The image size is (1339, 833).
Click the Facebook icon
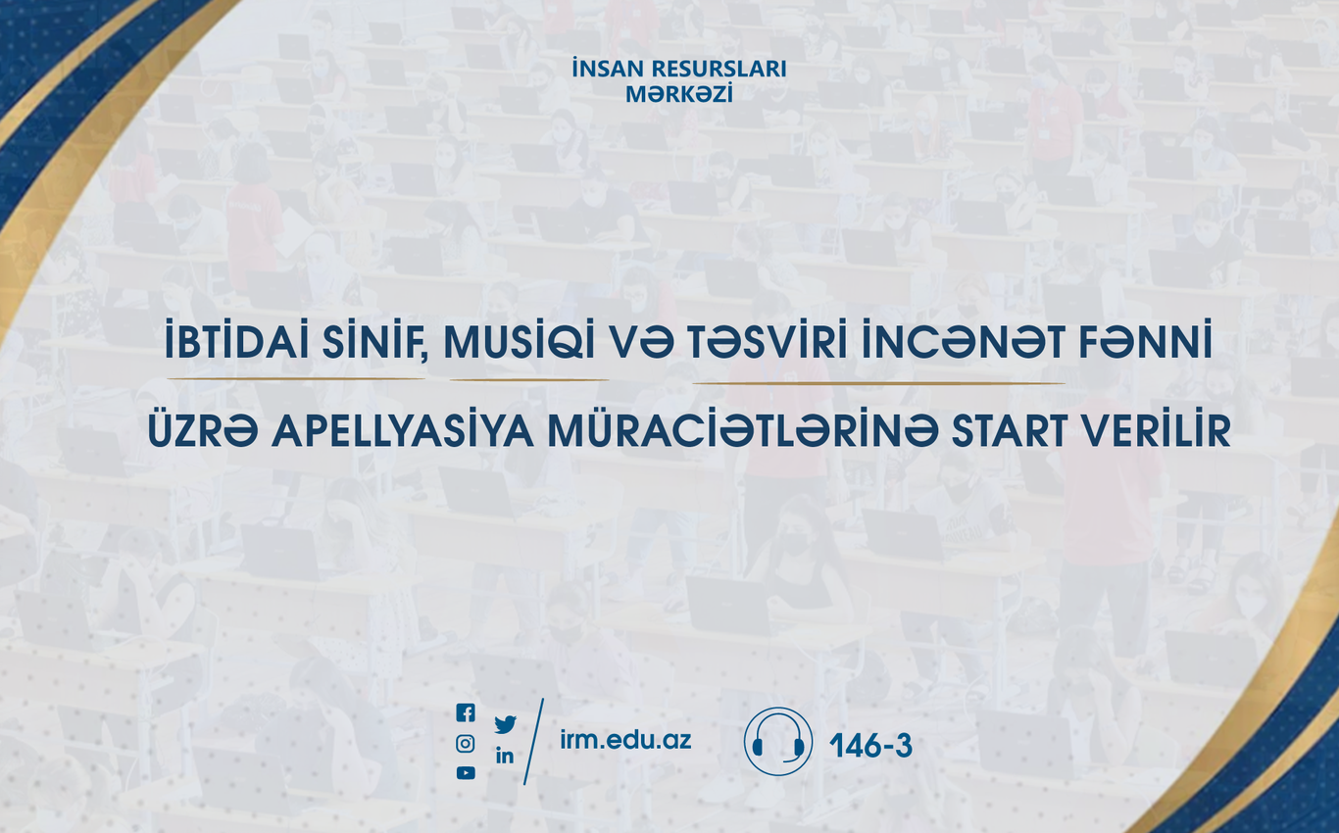(x=466, y=712)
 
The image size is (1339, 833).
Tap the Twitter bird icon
(x=505, y=724)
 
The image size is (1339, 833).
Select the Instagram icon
(x=466, y=744)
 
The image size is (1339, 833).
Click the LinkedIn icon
(x=505, y=756)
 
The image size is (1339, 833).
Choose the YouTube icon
(x=466, y=773)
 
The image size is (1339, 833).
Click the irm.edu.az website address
(x=625, y=740)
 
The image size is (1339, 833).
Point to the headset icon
(x=777, y=742)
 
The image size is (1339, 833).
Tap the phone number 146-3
(x=871, y=746)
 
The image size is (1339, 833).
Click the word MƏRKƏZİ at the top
(x=679, y=94)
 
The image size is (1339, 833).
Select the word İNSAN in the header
(x=604, y=69)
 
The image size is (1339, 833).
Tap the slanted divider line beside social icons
(x=534, y=742)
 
